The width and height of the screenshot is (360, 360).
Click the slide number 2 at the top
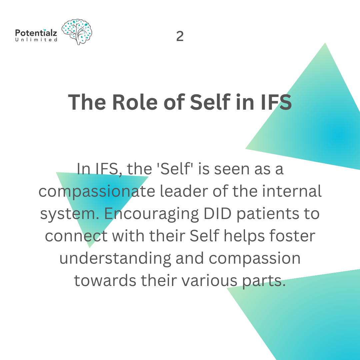click(x=180, y=36)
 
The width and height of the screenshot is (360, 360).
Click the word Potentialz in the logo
click(x=36, y=33)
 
